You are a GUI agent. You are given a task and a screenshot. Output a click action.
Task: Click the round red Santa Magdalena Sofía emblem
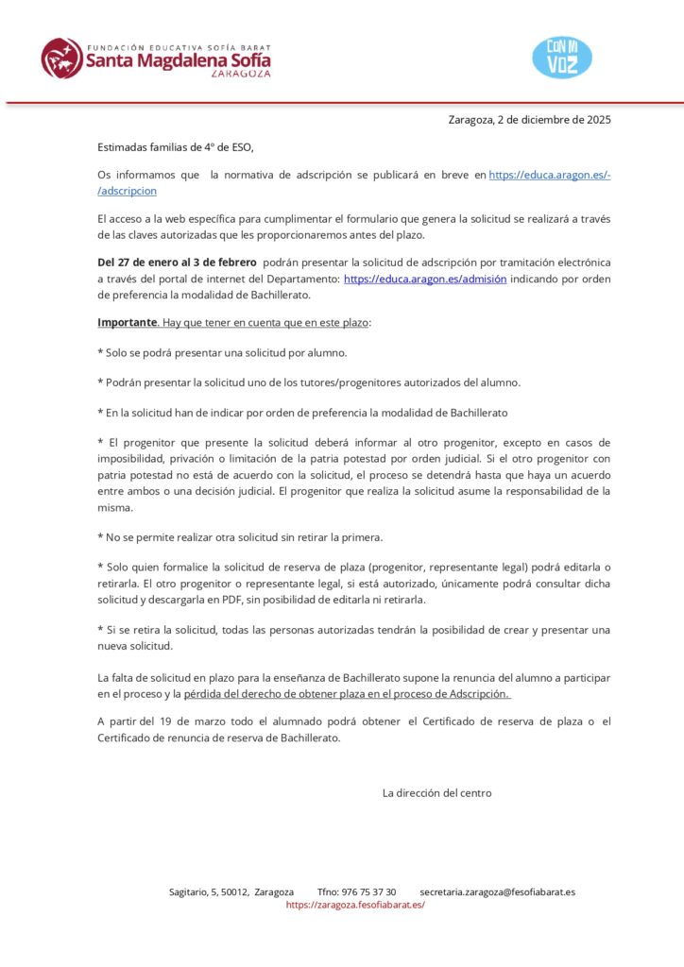[x=61, y=58]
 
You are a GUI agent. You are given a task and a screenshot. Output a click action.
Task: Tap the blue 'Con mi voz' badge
[x=562, y=58]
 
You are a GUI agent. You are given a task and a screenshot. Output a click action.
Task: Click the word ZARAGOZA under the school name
[x=240, y=74]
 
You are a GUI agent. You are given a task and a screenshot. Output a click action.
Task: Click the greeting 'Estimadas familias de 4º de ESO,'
[x=176, y=147]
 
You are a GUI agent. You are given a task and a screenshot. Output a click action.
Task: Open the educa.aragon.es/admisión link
[x=425, y=280]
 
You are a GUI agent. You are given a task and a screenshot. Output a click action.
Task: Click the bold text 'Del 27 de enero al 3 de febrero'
[x=177, y=262]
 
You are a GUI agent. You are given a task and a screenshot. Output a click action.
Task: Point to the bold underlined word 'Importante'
[x=127, y=323]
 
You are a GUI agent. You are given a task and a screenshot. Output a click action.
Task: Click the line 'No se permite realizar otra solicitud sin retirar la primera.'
[x=239, y=537]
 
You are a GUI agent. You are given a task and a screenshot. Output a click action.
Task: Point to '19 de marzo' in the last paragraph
[x=190, y=722]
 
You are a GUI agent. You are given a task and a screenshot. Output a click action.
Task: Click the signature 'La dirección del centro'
[x=436, y=793]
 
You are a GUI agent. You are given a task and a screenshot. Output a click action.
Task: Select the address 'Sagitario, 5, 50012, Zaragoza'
[x=231, y=891]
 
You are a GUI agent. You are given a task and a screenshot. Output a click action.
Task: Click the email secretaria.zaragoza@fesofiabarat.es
[x=497, y=891]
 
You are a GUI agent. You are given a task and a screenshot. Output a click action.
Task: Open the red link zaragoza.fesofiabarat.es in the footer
[x=355, y=905]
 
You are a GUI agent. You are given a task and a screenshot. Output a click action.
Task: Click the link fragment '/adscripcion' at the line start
[x=127, y=191]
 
